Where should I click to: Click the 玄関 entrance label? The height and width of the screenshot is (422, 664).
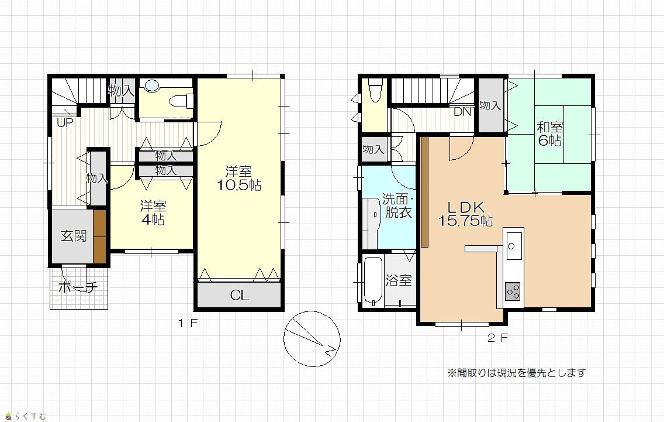[x=74, y=236]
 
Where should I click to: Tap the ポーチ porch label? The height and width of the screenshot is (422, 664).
[x=78, y=287]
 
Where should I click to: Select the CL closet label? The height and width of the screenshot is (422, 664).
[x=239, y=295]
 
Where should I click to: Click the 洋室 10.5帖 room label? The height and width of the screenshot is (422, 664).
[x=239, y=178]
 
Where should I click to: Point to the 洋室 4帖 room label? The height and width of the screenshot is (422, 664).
[x=153, y=212]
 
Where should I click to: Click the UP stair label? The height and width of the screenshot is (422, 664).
[x=65, y=123]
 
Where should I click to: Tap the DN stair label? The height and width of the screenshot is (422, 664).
[x=462, y=112]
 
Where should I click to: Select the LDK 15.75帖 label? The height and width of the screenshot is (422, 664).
[x=465, y=214]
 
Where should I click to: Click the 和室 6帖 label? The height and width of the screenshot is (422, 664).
[x=549, y=133]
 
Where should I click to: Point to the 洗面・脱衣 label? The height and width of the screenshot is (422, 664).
[x=397, y=205]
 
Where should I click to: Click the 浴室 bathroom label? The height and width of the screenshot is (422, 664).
[x=399, y=280]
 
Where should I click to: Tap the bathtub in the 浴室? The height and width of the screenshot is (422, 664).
[x=373, y=281]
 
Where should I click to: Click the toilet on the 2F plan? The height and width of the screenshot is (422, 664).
[x=375, y=90]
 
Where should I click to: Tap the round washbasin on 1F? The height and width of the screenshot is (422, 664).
[x=152, y=85]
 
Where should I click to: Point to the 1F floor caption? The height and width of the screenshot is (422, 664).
[x=188, y=324]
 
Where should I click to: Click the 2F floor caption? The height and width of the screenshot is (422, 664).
[x=497, y=338]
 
